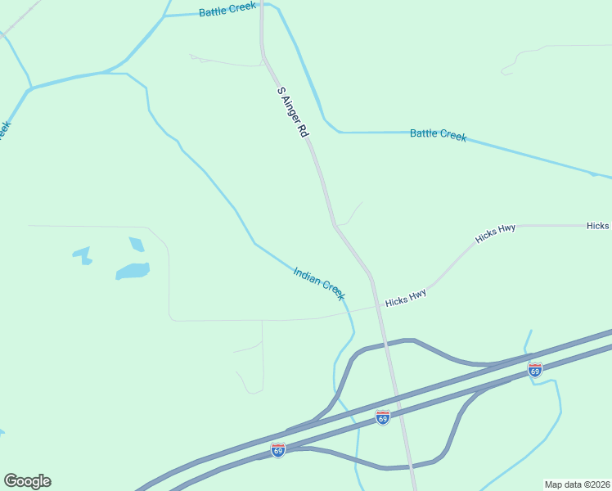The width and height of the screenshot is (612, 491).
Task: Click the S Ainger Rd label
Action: click(x=292, y=111)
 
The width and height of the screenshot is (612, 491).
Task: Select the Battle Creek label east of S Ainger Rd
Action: click(x=438, y=134)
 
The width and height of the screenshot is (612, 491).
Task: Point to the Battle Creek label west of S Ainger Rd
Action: click(x=227, y=9)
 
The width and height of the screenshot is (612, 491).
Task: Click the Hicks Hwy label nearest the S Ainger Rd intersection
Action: click(x=406, y=300)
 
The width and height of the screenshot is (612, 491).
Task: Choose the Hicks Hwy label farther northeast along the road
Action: click(x=496, y=234)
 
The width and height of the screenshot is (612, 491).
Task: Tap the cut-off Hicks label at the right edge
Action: click(x=598, y=225)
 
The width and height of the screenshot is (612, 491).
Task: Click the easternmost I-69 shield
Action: click(x=534, y=370)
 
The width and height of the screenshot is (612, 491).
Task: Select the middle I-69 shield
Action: click(x=382, y=417)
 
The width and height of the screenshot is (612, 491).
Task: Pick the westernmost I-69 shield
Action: click(x=278, y=451)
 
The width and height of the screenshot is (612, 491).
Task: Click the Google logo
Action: click(x=27, y=481)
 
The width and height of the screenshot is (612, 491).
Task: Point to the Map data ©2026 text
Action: click(x=578, y=484)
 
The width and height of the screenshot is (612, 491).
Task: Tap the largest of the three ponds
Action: click(x=133, y=271)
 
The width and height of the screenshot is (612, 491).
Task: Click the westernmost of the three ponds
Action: click(x=83, y=255)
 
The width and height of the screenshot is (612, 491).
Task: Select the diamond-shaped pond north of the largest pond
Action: click(x=137, y=244)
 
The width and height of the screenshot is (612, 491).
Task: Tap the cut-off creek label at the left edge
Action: click(x=4, y=131)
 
